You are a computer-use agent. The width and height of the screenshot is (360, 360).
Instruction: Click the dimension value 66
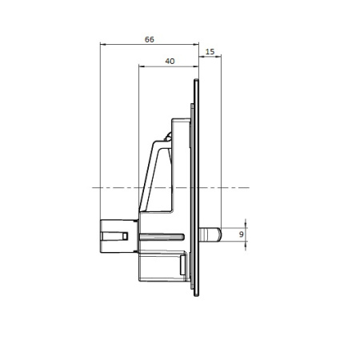coord(149,38)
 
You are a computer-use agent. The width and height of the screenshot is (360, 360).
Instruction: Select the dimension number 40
coord(169,61)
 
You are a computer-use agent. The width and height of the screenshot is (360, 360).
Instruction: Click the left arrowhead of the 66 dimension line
coord(102,45)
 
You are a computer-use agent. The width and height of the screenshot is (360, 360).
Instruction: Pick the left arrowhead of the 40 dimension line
coord(142,67)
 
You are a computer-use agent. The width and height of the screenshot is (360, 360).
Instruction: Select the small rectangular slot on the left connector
coord(126,235)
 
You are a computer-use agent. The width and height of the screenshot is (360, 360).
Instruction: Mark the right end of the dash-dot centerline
coord(249,187)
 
